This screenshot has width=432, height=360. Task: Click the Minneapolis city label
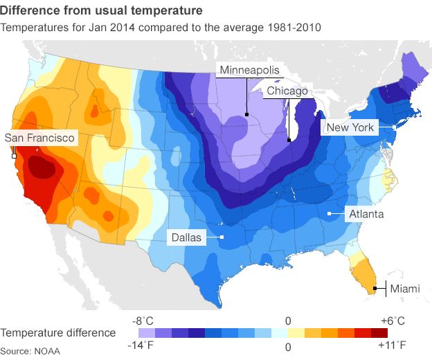pyautogui.click(x=249, y=70)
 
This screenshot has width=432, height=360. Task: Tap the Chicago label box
pyautogui.click(x=287, y=91)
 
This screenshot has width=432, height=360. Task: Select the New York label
pyautogui.click(x=350, y=127)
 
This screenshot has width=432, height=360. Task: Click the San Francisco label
pyautogui.click(x=39, y=138)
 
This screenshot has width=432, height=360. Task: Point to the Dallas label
pyautogui.click(x=186, y=237)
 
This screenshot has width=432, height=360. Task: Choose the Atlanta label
pyautogui.click(x=365, y=214)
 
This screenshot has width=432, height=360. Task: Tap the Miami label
pyautogui.click(x=404, y=289)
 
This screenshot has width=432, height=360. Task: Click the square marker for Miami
pyautogui.click(x=375, y=288)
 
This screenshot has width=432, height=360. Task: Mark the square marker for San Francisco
pyautogui.click(x=14, y=156)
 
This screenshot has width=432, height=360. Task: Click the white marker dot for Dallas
pyautogui.click(x=222, y=237)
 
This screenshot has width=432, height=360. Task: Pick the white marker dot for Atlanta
pyautogui.click(x=329, y=214)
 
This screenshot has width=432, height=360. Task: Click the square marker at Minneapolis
pyautogui.click(x=246, y=114)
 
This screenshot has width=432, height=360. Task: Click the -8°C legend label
pyautogui.click(x=143, y=321)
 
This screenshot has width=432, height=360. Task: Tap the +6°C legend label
pyautogui.click(x=393, y=321)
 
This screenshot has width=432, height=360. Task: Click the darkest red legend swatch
pyautogui.click(x=379, y=333)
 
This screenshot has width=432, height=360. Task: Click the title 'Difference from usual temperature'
pyautogui.click(x=102, y=11)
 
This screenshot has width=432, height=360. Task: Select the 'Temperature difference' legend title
pyautogui.click(x=58, y=333)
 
